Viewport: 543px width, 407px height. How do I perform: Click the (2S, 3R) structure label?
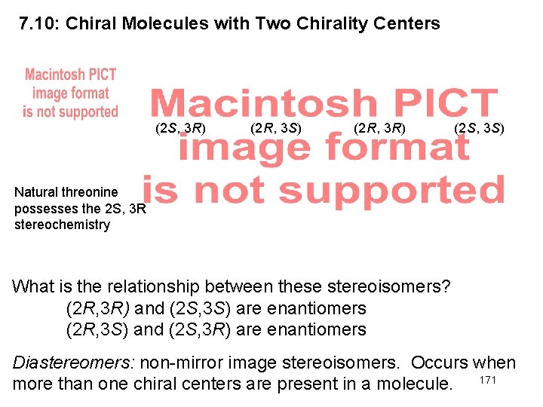tap(180, 128)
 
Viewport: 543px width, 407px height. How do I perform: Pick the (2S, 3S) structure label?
tap(480, 128)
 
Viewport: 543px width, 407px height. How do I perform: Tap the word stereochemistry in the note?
tap(62, 225)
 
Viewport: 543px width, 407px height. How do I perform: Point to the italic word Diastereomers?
tap(74, 363)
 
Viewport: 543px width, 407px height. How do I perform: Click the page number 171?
tap(488, 380)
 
